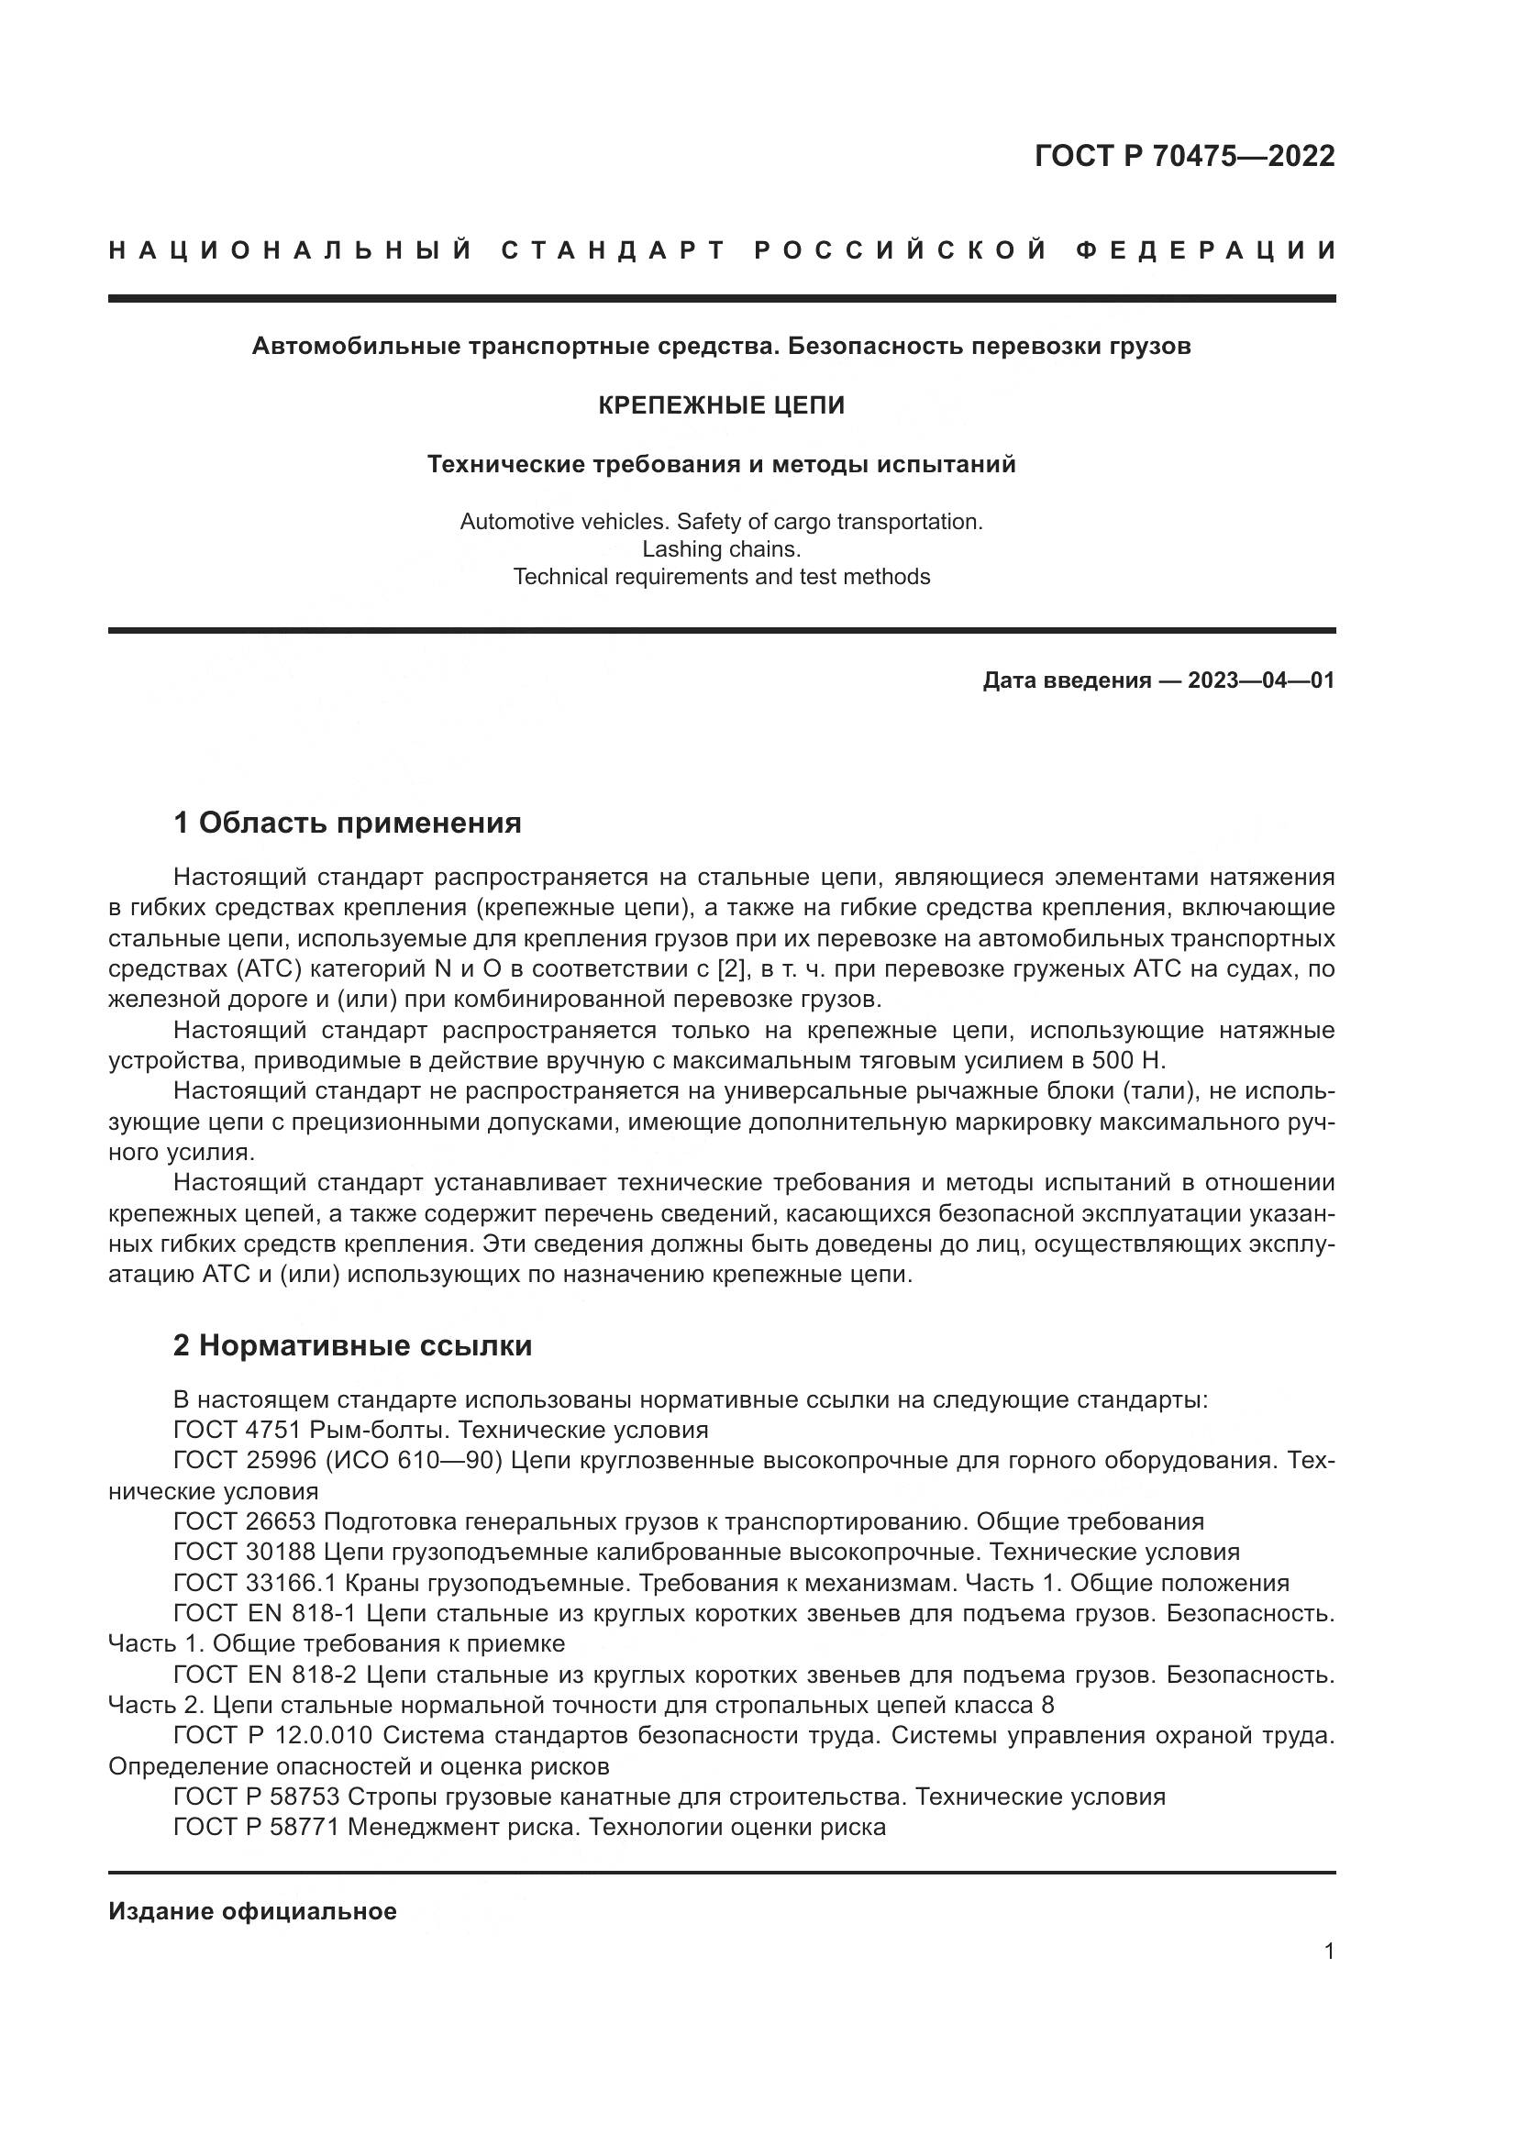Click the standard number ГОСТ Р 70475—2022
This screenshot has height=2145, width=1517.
pyautogui.click(x=1183, y=156)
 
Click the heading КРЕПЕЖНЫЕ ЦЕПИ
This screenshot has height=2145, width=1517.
pyautogui.click(x=721, y=405)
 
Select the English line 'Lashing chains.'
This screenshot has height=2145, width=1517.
pyautogui.click(x=721, y=549)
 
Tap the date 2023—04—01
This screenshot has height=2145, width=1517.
pyautogui.click(x=1260, y=680)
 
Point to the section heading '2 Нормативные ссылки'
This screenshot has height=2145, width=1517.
pyautogui.click(x=352, y=1345)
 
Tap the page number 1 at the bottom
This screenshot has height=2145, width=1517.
pyautogui.click(x=1329, y=1952)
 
